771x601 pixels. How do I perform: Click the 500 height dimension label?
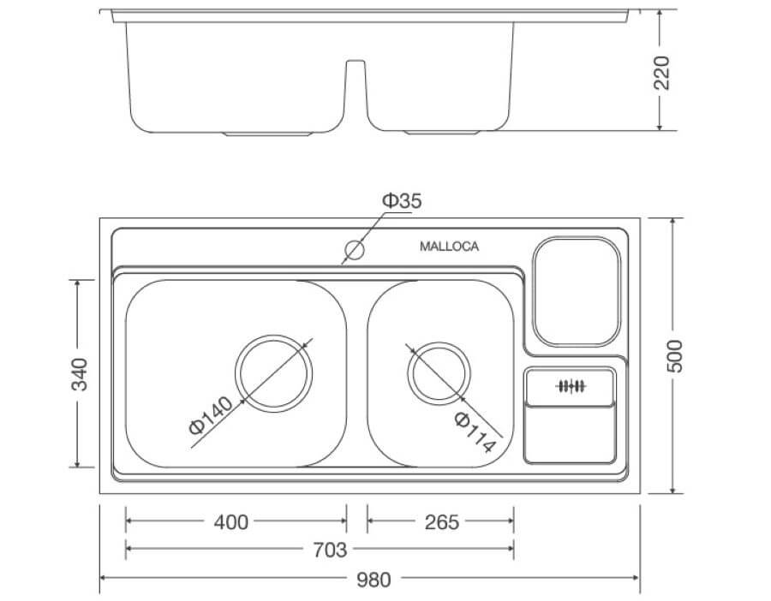tap(675, 355)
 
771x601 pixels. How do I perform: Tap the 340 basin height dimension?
tap(80, 374)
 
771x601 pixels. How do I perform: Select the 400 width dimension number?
tap(230, 521)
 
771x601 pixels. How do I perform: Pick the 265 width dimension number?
tap(441, 521)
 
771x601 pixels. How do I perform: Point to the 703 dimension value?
tap(330, 549)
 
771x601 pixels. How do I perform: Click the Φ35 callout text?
tap(401, 202)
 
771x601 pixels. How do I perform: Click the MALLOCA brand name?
tap(449, 247)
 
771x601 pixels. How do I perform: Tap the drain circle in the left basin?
tap(274, 373)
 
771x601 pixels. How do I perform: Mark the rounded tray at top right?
tap(577, 293)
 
